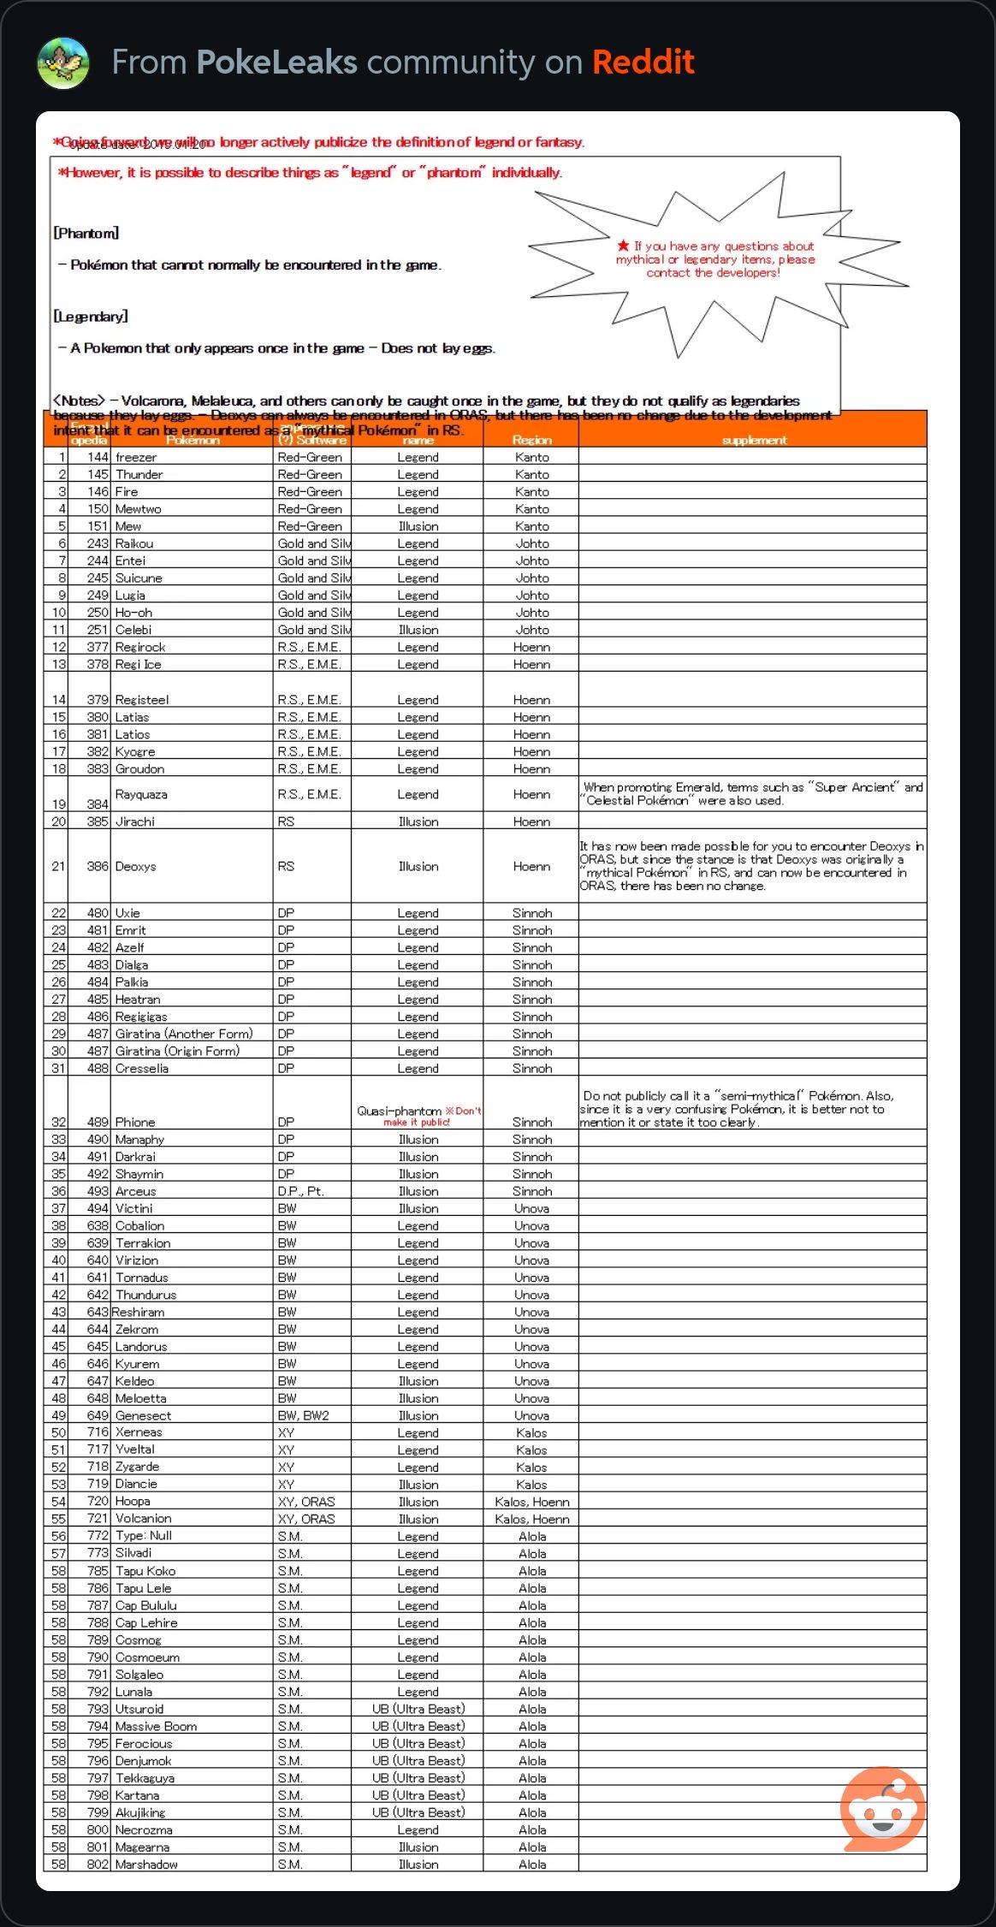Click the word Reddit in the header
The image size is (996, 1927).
coord(643,62)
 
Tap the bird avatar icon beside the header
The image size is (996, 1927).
coord(63,63)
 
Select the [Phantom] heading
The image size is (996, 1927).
coord(86,233)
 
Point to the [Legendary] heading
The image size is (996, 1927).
coord(91,317)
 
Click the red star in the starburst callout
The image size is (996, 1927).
coord(623,246)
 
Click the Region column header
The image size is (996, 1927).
coord(531,440)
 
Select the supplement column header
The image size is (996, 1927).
coord(754,440)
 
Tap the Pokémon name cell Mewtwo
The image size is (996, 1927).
coord(139,509)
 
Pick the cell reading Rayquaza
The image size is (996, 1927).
coord(141,794)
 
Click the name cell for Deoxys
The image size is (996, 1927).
coord(136,866)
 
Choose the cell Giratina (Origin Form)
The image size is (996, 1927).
coord(177,1051)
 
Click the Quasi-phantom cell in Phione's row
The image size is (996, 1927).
coord(400,1111)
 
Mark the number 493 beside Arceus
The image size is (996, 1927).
coord(98,1191)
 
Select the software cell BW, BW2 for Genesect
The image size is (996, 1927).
coord(303,1415)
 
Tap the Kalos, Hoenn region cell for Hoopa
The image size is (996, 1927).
coord(531,1502)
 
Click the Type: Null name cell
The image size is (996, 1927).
coord(144,1536)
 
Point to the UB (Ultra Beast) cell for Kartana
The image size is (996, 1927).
coord(418,1795)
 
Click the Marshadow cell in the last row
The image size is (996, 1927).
coord(146,1865)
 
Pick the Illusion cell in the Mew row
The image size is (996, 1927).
coord(418,526)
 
